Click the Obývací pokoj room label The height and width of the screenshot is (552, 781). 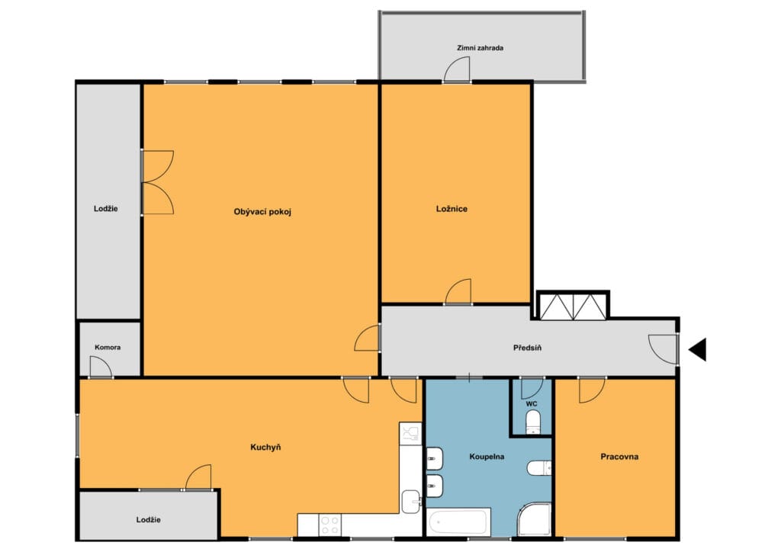[262, 211]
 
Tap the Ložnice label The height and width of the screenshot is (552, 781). [452, 209]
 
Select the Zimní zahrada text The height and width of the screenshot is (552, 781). [480, 48]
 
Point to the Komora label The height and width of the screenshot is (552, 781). [108, 348]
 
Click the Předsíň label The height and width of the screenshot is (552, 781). [528, 348]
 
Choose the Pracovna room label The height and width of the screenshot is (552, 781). [619, 457]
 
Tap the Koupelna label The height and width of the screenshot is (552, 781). [487, 457]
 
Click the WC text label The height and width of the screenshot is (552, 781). [532, 403]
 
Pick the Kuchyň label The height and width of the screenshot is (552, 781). [265, 448]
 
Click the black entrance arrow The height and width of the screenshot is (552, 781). [698, 349]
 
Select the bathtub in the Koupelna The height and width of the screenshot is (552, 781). [458, 522]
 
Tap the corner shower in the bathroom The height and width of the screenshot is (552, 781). [535, 519]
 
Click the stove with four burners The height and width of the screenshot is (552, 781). [329, 525]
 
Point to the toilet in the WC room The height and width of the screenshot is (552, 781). [532, 422]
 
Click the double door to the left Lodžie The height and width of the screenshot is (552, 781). [158, 182]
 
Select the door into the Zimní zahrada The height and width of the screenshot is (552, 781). [457, 69]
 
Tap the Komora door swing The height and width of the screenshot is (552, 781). [101, 367]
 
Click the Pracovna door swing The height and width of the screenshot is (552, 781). [592, 390]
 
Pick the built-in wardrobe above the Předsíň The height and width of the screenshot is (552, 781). [573, 306]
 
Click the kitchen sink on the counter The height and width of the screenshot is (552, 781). [411, 501]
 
